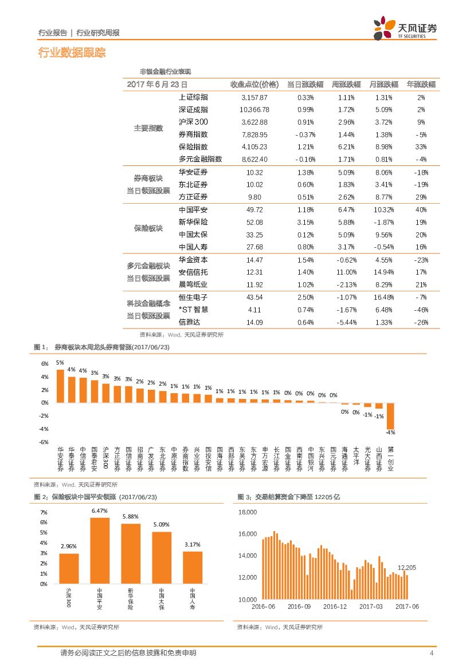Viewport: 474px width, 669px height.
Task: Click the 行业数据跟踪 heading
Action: pos(72,53)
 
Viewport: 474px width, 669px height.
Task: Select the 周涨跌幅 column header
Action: pos(343,84)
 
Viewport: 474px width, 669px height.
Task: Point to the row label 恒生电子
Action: pos(193,298)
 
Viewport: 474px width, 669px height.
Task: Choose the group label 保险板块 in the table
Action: pos(148,228)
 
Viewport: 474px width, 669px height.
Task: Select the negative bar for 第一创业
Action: pos(390,415)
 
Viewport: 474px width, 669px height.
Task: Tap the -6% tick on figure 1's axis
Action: pos(44,442)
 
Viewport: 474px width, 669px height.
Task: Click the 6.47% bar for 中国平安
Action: pos(100,551)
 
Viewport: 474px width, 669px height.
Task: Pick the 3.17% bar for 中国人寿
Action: pos(193,567)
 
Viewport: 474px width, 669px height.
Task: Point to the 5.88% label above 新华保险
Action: pos(131,516)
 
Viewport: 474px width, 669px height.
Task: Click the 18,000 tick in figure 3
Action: pos(247,513)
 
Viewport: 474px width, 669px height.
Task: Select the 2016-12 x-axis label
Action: pos(335,607)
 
